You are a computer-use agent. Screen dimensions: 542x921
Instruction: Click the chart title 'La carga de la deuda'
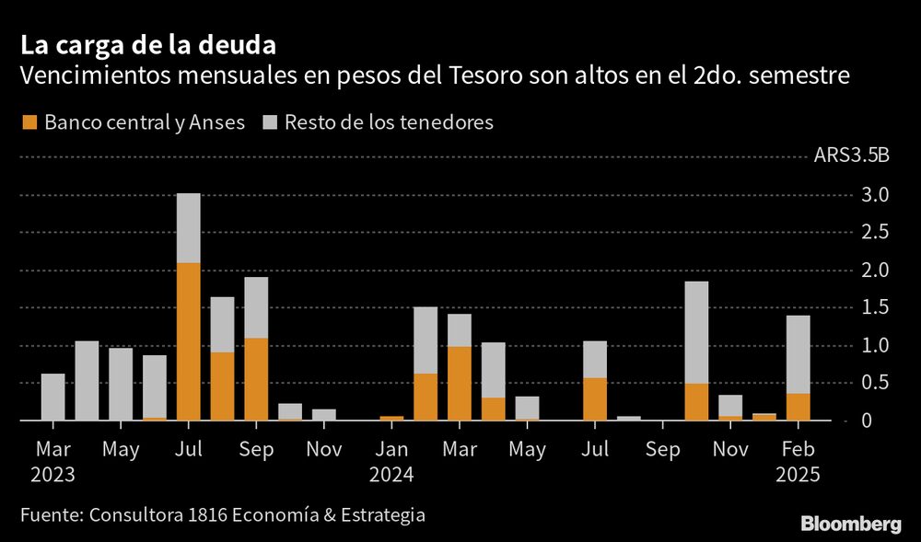147,44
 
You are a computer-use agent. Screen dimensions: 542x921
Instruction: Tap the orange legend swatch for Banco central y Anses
30,122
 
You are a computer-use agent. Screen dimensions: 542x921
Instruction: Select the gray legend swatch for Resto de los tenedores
271,122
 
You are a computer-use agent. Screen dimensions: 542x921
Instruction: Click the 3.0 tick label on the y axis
875,195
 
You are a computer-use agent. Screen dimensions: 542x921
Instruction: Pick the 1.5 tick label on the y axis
875,308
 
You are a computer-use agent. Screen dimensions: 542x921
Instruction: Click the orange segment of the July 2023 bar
189,340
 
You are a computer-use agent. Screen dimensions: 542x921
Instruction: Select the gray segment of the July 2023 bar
189,227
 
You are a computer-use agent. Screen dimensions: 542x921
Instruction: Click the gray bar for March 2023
53,397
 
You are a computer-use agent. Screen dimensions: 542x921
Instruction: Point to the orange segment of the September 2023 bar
256,378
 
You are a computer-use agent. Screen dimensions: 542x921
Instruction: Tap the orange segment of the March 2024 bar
459,383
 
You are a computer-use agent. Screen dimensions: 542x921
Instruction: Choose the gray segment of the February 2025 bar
798,354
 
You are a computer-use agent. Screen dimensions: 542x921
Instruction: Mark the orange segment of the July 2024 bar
595,398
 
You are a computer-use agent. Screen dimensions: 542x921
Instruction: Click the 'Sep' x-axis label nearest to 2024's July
663,449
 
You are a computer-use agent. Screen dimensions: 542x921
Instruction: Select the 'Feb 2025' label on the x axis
798,462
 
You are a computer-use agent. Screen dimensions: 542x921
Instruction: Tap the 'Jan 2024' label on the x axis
392,462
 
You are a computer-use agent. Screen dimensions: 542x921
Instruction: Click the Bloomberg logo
850,525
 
